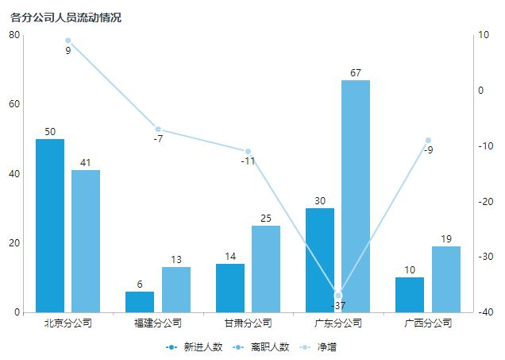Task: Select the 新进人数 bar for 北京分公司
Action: [x=50, y=226]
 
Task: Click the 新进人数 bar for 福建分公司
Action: [x=140, y=302]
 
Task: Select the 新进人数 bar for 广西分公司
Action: [x=410, y=295]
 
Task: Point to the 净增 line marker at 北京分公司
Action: [x=68, y=41]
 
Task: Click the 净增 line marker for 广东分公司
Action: [x=338, y=296]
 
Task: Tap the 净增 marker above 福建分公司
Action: [x=158, y=129]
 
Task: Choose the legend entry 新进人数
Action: [x=194, y=347]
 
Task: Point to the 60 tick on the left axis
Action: [x=15, y=104]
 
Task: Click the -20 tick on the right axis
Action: [x=484, y=201]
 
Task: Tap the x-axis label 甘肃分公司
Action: [x=248, y=323]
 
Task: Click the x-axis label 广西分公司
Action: [x=428, y=323]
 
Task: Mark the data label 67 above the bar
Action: [x=356, y=73]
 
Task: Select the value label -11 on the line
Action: [x=248, y=161]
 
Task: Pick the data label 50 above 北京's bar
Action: [x=50, y=132]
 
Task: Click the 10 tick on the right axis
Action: [x=482, y=35]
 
